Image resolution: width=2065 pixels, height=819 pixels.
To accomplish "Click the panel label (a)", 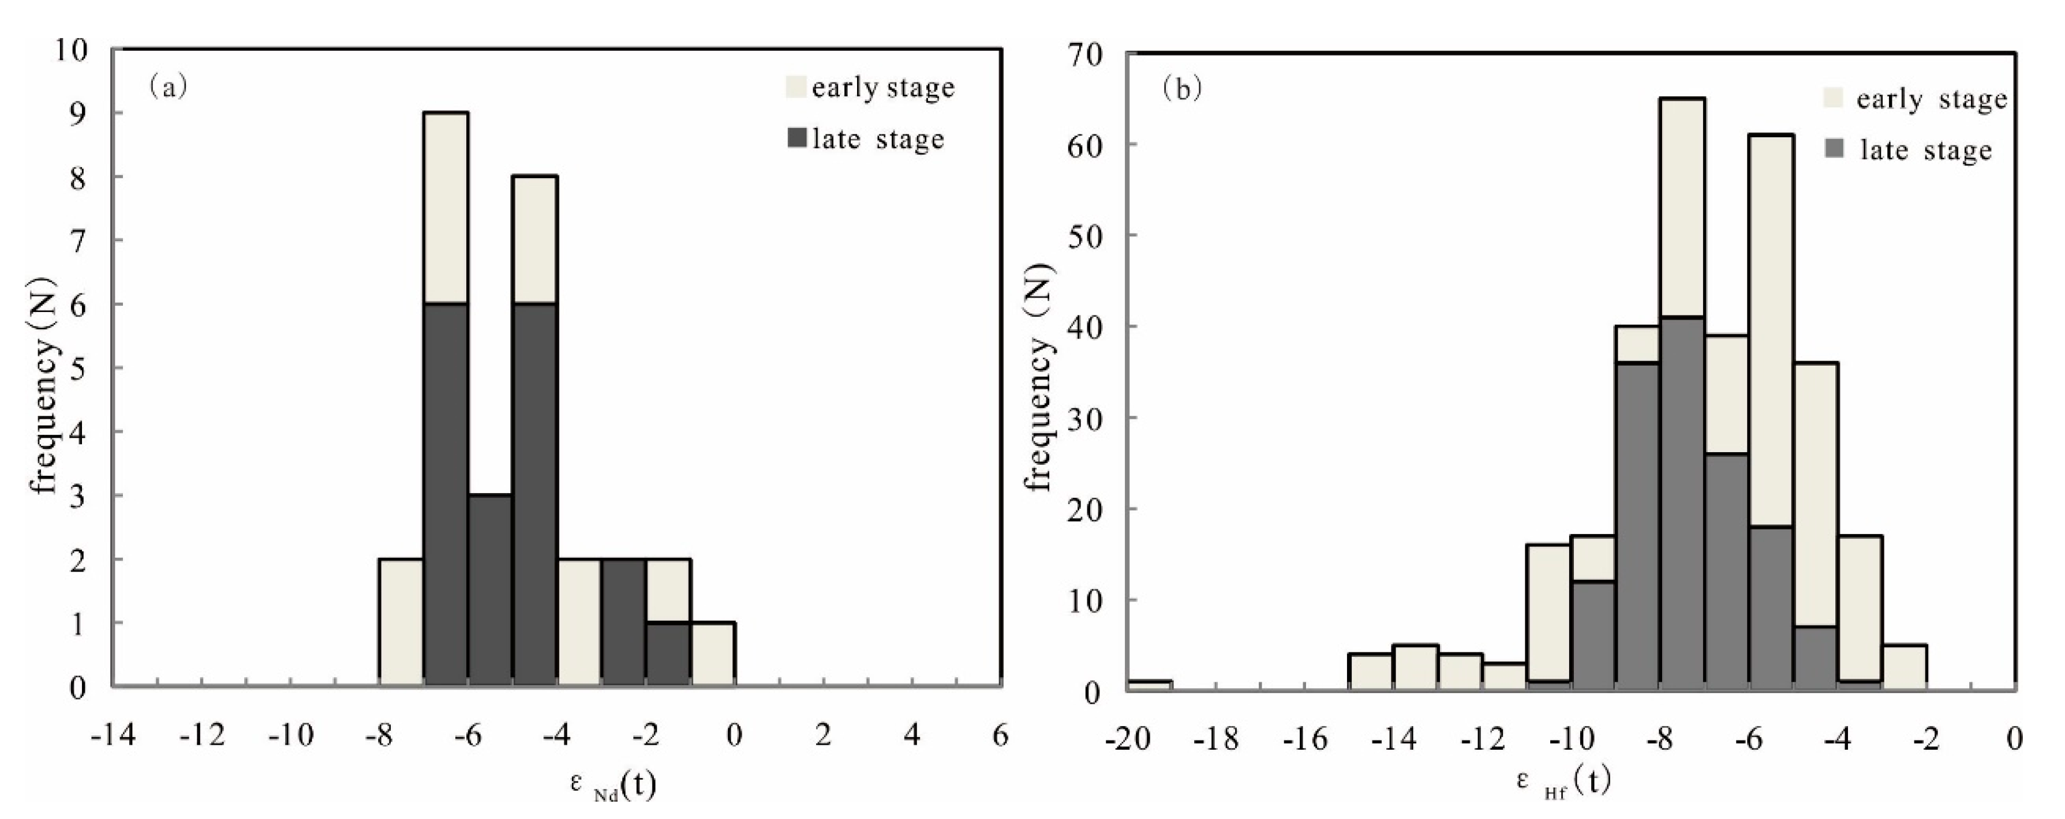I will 167,86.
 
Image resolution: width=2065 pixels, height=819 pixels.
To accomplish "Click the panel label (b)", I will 1181,89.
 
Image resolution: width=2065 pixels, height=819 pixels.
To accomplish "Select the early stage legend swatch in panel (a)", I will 795,87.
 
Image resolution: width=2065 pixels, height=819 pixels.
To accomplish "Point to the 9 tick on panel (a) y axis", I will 78,113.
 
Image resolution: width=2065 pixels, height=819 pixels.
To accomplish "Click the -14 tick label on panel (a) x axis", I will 113,735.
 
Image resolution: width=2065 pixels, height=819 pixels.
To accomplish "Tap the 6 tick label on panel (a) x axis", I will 1000,735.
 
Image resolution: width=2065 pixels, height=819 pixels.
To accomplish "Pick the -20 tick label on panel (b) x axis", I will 1127,739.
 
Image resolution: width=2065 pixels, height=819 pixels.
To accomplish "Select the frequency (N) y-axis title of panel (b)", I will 1041,377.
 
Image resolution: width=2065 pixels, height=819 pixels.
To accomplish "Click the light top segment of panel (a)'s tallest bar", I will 446,208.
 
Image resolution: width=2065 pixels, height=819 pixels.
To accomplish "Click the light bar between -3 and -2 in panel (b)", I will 1904,667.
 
